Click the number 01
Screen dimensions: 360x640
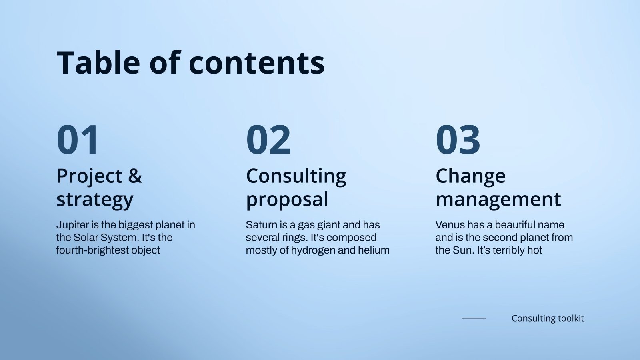click(x=78, y=140)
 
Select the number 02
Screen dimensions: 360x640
click(x=268, y=140)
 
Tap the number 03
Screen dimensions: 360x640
click(x=458, y=140)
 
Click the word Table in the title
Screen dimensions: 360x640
click(x=98, y=63)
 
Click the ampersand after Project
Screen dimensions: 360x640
click(x=135, y=176)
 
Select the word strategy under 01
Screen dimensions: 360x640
click(x=95, y=200)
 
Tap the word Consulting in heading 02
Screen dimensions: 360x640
click(x=296, y=176)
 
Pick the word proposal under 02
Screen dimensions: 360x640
click(x=287, y=200)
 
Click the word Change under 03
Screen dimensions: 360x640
click(x=470, y=176)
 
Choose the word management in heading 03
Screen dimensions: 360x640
click(x=498, y=199)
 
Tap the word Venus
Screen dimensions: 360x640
click(x=450, y=225)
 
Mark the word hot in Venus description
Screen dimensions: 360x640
click(x=535, y=250)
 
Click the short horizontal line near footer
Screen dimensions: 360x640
click(x=474, y=318)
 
